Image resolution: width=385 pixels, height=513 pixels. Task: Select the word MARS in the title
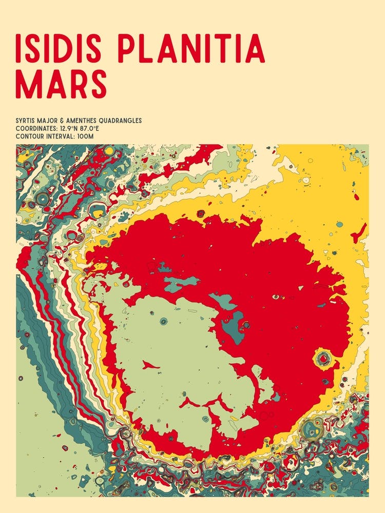click(x=62, y=84)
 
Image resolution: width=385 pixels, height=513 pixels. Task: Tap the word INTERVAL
click(x=60, y=136)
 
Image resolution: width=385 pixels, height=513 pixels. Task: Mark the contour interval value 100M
click(x=85, y=136)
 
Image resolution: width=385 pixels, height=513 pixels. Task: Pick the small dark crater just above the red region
click(x=201, y=213)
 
